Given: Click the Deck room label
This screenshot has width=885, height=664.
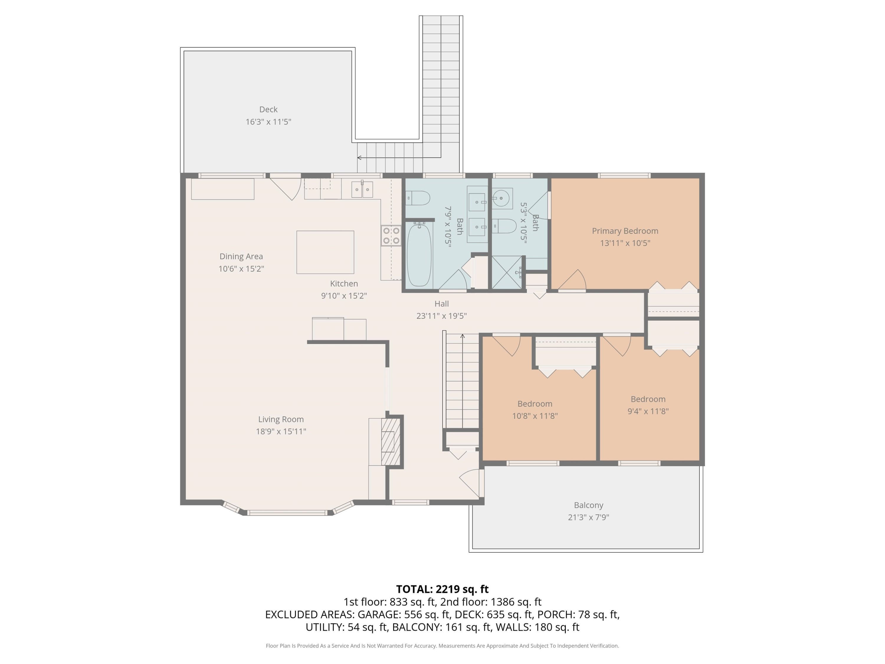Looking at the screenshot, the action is (x=268, y=109).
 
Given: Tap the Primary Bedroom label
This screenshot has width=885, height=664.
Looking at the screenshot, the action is (x=625, y=231).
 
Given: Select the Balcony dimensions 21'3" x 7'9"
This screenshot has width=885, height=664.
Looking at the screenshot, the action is (x=588, y=517).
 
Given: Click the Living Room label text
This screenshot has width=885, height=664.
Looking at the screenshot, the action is (x=281, y=419).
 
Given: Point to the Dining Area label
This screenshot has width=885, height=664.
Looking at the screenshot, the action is (x=241, y=256).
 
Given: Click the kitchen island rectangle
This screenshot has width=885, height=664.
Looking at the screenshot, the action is (x=325, y=252).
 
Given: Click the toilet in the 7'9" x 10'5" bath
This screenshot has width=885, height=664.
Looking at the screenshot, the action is (x=418, y=198).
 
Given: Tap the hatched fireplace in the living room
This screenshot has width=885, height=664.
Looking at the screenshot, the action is (x=391, y=442).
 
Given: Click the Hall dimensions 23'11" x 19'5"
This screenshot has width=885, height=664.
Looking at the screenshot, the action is (x=441, y=316).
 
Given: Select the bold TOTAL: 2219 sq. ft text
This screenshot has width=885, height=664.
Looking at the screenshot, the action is (x=442, y=589).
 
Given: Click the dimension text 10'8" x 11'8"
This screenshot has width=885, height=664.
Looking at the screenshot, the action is (x=535, y=416).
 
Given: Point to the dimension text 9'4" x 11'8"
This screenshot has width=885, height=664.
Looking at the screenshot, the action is (x=648, y=411).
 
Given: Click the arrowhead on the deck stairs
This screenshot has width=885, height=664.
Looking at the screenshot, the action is (x=359, y=158).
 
